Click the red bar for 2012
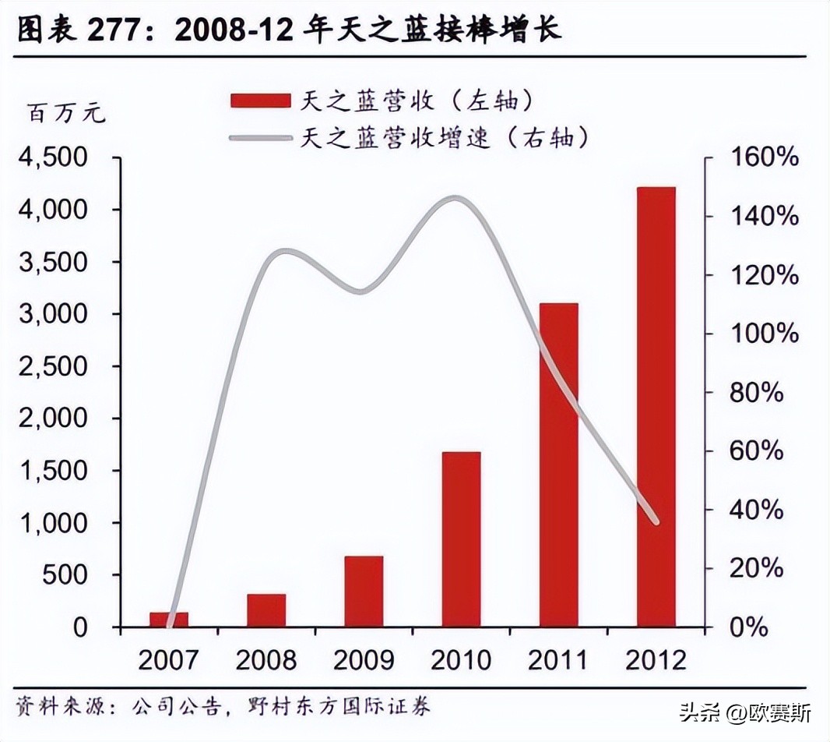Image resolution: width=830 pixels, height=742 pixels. point(656,407)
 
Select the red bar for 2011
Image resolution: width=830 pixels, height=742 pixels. point(558,465)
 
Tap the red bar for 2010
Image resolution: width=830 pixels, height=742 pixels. point(461,539)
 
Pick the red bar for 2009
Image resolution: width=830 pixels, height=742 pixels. point(364,591)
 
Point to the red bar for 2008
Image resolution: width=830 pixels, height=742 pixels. point(266,609)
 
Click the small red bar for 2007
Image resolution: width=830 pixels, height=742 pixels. point(169,619)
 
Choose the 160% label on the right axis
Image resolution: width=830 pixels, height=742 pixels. point(765,158)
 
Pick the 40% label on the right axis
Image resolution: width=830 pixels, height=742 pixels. point(758,510)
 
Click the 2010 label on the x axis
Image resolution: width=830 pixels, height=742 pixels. point(461,661)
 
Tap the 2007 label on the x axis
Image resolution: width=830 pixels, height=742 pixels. point(169,661)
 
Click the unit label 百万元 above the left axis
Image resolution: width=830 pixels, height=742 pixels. point(66,115)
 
